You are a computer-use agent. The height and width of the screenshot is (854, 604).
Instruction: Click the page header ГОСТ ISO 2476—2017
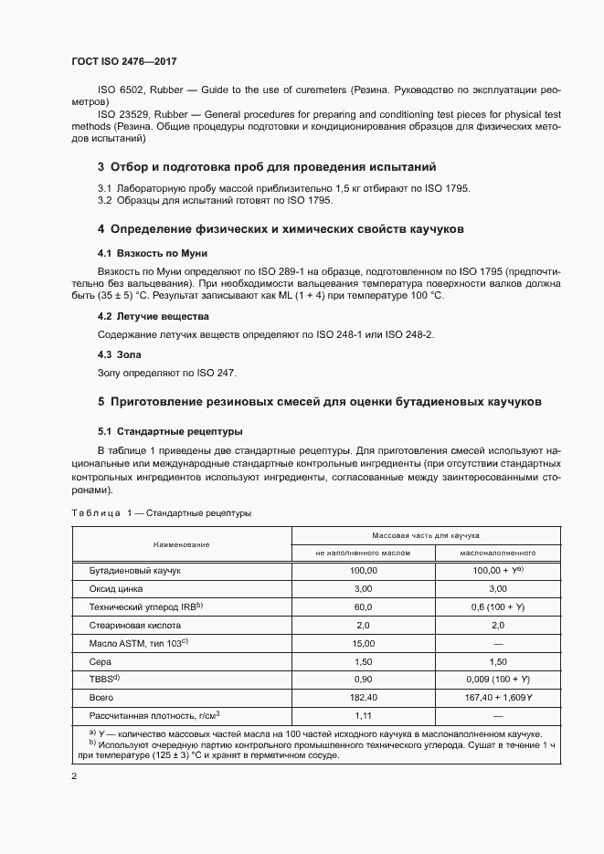coord(123,60)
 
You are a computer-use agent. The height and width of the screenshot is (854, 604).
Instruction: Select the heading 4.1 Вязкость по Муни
coord(146,252)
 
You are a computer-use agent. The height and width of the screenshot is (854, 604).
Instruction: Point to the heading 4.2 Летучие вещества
coord(154,316)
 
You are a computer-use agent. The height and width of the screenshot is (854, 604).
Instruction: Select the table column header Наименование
coord(181,543)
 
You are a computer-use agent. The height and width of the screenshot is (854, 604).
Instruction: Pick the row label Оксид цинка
coord(117,588)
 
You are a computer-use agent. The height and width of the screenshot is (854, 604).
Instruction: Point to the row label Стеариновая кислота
coord(135,626)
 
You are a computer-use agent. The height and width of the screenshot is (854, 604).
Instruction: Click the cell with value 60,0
coord(364,606)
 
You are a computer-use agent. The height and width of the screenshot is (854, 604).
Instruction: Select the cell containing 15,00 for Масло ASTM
coord(364,644)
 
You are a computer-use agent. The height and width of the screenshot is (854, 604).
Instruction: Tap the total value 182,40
coord(364,699)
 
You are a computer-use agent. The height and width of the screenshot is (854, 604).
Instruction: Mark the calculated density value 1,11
coord(364,717)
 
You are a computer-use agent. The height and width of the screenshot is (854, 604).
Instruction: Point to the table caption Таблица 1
coord(101,513)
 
